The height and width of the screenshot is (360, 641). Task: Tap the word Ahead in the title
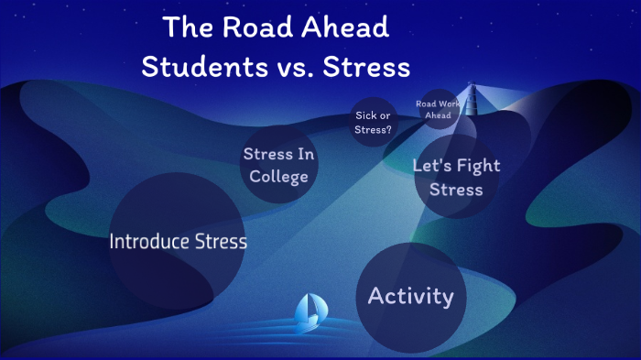[344, 27]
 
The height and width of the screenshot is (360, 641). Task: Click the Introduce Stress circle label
[178, 242]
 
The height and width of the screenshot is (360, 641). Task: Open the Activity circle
[411, 296]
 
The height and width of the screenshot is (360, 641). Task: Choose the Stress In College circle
[279, 165]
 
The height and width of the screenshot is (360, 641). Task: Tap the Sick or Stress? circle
[372, 122]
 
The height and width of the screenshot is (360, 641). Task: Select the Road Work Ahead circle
[433, 109]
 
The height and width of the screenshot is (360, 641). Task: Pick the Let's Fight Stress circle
[456, 178]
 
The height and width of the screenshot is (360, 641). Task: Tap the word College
[279, 176]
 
